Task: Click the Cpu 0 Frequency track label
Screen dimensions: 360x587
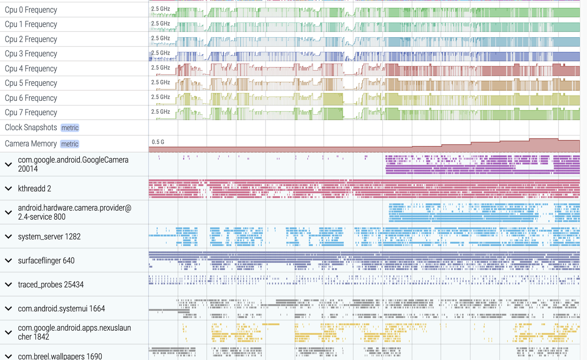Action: click(x=31, y=10)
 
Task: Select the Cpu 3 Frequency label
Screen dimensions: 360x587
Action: click(x=31, y=54)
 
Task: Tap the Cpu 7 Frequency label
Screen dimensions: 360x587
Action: click(x=31, y=112)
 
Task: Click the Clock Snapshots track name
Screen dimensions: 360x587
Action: click(x=31, y=127)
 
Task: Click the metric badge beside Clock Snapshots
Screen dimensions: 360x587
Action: click(x=70, y=128)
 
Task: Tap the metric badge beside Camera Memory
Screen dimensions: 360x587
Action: click(x=70, y=144)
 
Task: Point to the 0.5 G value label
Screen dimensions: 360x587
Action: click(x=158, y=142)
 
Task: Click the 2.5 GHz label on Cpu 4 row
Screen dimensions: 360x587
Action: click(x=161, y=68)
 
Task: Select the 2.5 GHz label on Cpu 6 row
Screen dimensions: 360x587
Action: click(x=161, y=97)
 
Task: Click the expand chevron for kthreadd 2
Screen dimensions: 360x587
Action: click(x=8, y=188)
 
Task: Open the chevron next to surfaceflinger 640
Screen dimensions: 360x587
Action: click(x=8, y=260)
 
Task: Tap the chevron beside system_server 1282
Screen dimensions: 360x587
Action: click(x=8, y=237)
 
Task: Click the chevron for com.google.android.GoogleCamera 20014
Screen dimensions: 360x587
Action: click(x=8, y=164)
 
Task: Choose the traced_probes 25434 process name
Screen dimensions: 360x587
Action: click(x=51, y=285)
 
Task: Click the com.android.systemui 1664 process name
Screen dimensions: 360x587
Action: click(x=61, y=309)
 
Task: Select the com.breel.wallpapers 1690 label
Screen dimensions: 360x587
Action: click(x=60, y=356)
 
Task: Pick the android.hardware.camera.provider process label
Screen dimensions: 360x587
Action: click(x=74, y=212)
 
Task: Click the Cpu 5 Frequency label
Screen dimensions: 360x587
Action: click(x=31, y=83)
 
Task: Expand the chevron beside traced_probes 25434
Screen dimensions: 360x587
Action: click(x=8, y=284)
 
